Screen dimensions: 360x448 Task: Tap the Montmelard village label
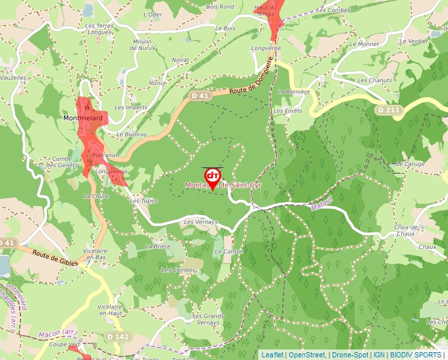(82, 118)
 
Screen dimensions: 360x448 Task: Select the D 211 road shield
(389, 110)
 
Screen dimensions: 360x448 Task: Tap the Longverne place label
(266, 49)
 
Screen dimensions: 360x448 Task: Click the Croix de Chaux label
(407, 230)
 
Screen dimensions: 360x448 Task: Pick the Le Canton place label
(229, 251)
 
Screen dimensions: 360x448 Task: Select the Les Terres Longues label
(99, 29)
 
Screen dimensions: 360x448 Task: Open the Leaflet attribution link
(272, 355)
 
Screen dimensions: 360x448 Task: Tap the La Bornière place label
(294, 92)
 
